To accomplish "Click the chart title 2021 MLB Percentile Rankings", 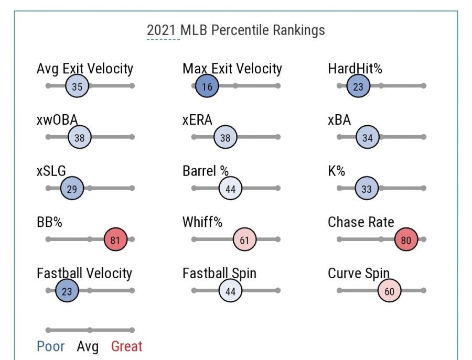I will [235, 30].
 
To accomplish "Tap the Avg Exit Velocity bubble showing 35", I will [77, 86].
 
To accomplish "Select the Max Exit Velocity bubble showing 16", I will [207, 86].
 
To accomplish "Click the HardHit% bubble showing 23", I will [358, 86].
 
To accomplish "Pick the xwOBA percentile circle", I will [80, 138].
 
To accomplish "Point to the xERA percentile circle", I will [226, 138].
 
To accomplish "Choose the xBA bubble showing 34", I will [367, 138].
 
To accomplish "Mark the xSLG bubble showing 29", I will [72, 189].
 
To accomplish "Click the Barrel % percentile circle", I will [230, 189].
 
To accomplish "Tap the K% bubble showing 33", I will [367, 189].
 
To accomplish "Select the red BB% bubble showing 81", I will [115, 240].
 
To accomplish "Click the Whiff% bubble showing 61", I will [244, 240].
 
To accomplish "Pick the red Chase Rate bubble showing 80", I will [406, 240].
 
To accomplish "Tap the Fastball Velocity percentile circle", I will [67, 291].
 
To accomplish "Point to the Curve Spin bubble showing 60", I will [389, 291].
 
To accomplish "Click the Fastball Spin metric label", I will [219, 274].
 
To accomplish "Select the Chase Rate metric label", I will [361, 222].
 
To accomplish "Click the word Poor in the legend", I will [51, 346].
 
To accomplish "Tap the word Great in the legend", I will [126, 346].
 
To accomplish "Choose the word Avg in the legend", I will [88, 346].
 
